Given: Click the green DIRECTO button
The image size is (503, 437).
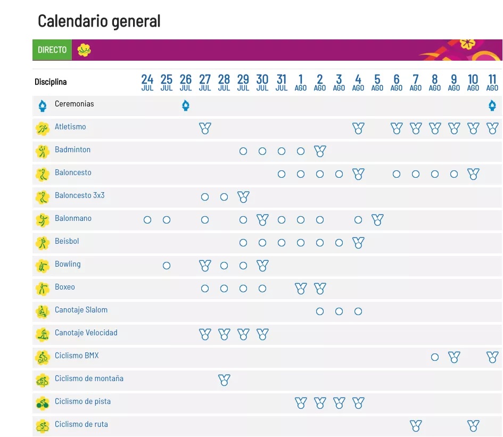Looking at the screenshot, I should [52, 50].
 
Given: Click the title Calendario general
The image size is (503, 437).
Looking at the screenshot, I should [99, 21].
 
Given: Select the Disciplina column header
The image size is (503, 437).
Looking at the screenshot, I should [51, 82].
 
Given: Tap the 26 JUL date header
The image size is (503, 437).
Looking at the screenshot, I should [186, 83].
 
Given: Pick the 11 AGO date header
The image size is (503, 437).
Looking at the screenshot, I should [492, 83].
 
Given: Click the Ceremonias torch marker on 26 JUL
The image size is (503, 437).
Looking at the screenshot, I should [186, 105].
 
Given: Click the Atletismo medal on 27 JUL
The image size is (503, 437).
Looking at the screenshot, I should [205, 128].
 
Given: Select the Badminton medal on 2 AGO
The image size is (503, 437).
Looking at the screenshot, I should [320, 151].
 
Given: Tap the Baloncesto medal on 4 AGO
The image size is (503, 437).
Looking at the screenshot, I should [358, 174].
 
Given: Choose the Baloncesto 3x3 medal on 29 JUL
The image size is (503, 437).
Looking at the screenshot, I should [243, 197].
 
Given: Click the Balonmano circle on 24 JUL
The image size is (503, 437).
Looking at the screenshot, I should [147, 220].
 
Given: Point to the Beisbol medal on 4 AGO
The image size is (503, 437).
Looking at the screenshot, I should [358, 243].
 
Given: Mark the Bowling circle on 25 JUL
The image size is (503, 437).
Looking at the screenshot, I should [167, 266].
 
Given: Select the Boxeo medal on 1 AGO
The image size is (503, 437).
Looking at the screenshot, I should [301, 288].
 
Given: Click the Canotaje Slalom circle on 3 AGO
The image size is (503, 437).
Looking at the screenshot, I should [339, 311].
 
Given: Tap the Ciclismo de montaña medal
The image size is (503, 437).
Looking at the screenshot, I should [224, 380].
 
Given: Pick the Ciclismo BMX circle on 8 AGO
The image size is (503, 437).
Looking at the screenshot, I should [435, 357].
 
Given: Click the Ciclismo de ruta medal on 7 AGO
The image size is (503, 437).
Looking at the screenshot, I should [416, 426].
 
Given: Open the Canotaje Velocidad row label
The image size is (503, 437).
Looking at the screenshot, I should [86, 333].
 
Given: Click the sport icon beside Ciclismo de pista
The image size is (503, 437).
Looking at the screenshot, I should [42, 403].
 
